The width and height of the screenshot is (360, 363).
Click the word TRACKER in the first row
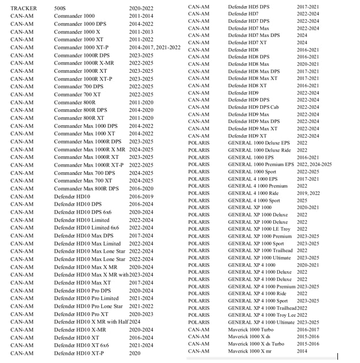(x=23, y=9)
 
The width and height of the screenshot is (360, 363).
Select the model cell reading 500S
(x=61, y=9)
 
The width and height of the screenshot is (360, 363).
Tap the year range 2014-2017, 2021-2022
(x=155, y=47)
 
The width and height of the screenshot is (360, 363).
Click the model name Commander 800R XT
(x=79, y=118)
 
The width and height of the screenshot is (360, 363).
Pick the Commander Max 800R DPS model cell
(x=86, y=189)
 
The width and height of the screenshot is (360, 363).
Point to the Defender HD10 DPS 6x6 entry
(x=82, y=212)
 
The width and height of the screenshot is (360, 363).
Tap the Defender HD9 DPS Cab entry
(x=253, y=107)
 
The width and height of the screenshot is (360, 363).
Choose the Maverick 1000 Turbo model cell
(x=250, y=329)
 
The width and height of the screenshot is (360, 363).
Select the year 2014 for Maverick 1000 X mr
(x=302, y=351)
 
